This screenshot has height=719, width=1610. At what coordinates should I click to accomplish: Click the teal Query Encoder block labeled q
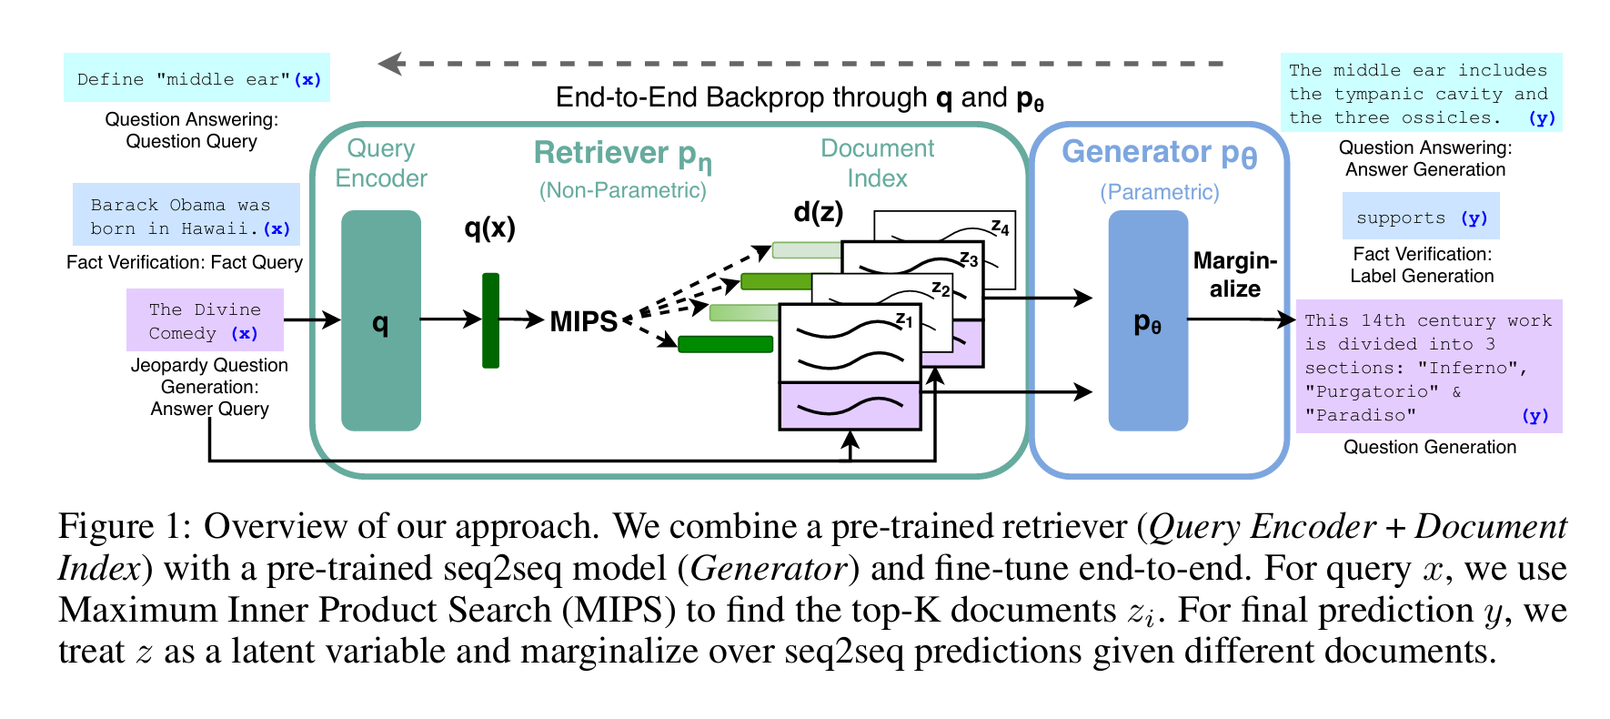point(380,320)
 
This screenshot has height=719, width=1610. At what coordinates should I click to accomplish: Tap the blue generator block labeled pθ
point(1147,320)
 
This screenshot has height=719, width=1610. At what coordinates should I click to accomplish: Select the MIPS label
point(583,321)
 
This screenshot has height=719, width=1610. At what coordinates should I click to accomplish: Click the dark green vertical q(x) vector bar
point(490,320)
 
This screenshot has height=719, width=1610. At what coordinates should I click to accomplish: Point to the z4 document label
point(1000,227)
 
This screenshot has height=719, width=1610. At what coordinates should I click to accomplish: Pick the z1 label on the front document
point(903,319)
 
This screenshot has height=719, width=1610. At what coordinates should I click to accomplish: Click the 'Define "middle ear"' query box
point(196,78)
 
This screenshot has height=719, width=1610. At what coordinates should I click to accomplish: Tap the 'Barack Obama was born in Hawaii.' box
point(186,216)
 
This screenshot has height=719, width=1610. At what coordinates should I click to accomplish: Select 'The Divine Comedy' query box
point(205,320)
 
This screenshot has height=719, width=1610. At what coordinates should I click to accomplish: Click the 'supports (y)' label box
point(1420,217)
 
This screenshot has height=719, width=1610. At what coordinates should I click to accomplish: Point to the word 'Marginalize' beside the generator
point(1234,275)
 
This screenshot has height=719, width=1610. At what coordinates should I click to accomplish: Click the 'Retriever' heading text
point(601,153)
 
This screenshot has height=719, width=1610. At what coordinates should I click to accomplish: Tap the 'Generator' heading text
point(1136,152)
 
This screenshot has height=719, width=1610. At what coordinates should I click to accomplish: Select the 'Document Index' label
point(877,163)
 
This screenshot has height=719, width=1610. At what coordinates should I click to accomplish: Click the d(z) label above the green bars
point(818,212)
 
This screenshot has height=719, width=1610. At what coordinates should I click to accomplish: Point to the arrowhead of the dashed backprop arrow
point(389,64)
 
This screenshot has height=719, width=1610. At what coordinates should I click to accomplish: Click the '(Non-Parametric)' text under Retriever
point(622,190)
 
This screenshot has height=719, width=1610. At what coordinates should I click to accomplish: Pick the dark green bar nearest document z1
point(725,344)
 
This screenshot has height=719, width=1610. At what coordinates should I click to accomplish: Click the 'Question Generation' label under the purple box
point(1429,447)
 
